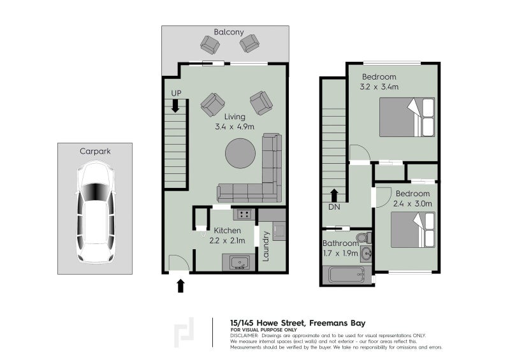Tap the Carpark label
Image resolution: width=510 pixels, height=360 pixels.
coord(95,152)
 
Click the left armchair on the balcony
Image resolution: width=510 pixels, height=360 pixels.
coord(210,44)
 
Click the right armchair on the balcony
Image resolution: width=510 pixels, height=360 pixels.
coord(249,43)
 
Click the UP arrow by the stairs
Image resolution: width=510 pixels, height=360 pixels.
coord(176,106)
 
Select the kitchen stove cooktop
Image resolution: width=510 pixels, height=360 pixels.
coord(243,214)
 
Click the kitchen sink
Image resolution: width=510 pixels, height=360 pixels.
coord(237,262)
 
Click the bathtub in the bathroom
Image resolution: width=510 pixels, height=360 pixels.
coord(344,275)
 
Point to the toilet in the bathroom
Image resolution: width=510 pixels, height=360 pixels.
coord(362,238)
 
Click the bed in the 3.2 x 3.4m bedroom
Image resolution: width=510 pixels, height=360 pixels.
coord(407,117)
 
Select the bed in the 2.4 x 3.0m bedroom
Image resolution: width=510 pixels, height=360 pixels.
coord(412,229)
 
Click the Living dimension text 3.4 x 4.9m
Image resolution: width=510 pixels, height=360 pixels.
coord(235,127)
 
